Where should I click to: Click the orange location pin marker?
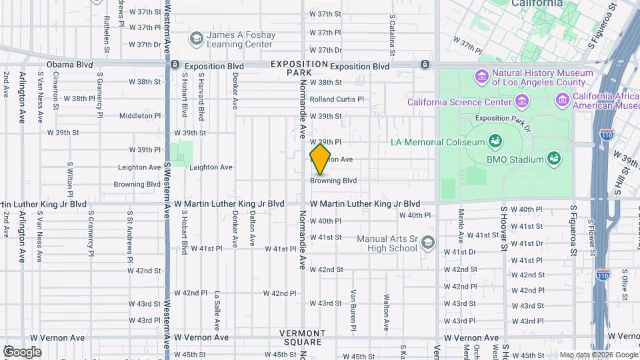point(320,159)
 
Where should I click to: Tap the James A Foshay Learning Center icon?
point(196,38)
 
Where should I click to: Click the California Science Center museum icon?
point(521,101)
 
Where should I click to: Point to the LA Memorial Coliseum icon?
point(495,141)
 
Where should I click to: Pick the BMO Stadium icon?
point(553,158)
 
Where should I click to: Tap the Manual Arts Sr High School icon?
point(428,243)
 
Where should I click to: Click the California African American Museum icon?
point(563,101)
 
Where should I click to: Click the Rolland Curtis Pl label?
point(337,99)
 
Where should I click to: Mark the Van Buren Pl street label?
point(353,309)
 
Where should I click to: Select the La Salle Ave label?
point(217,311)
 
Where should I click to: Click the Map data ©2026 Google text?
point(598,355)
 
